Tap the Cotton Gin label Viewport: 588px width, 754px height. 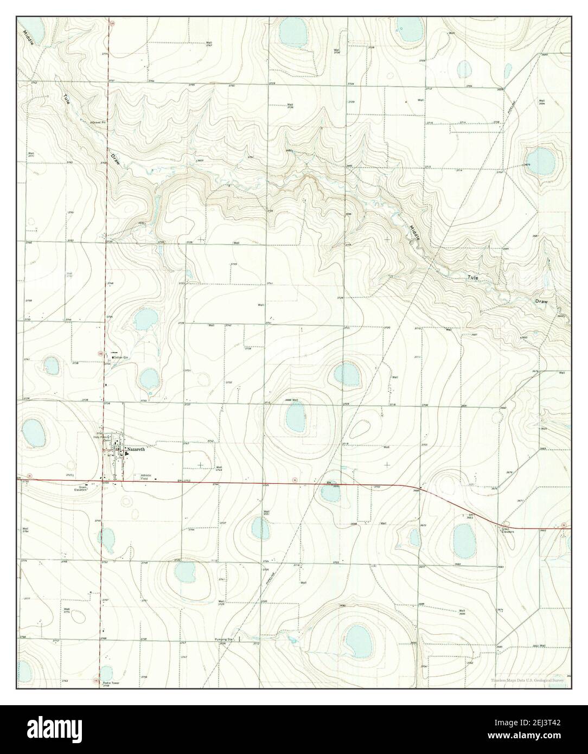(x=120, y=357)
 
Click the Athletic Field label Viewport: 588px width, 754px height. (x=149, y=477)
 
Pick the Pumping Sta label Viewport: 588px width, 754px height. (x=223, y=640)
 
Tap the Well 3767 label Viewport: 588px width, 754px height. (x=209, y=44)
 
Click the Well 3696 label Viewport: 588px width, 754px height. (x=462, y=612)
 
